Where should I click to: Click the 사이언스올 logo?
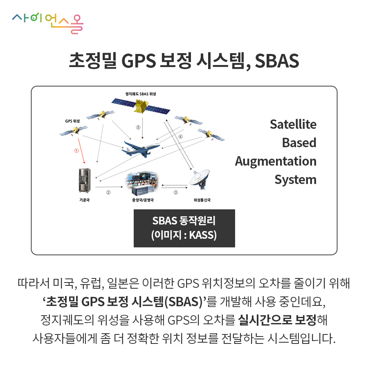tap(48, 23)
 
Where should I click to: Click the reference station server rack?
tap(85, 180)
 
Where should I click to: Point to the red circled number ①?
tap(76, 150)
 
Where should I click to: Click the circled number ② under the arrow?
tap(108, 193)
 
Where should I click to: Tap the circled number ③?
tap(175, 193)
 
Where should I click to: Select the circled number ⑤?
tap(138, 128)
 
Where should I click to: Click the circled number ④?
tap(180, 137)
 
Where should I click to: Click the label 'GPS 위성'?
tap(72, 121)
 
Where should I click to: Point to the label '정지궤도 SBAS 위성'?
tap(141, 94)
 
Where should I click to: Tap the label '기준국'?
tap(85, 200)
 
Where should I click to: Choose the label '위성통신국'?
tap(202, 200)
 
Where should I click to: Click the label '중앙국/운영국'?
tap(143, 200)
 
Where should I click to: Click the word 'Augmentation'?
tap(276, 162)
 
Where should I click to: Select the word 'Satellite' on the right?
tap(293, 124)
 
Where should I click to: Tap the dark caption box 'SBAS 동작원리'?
tap(184, 228)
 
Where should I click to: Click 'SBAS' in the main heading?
tap(277, 61)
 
